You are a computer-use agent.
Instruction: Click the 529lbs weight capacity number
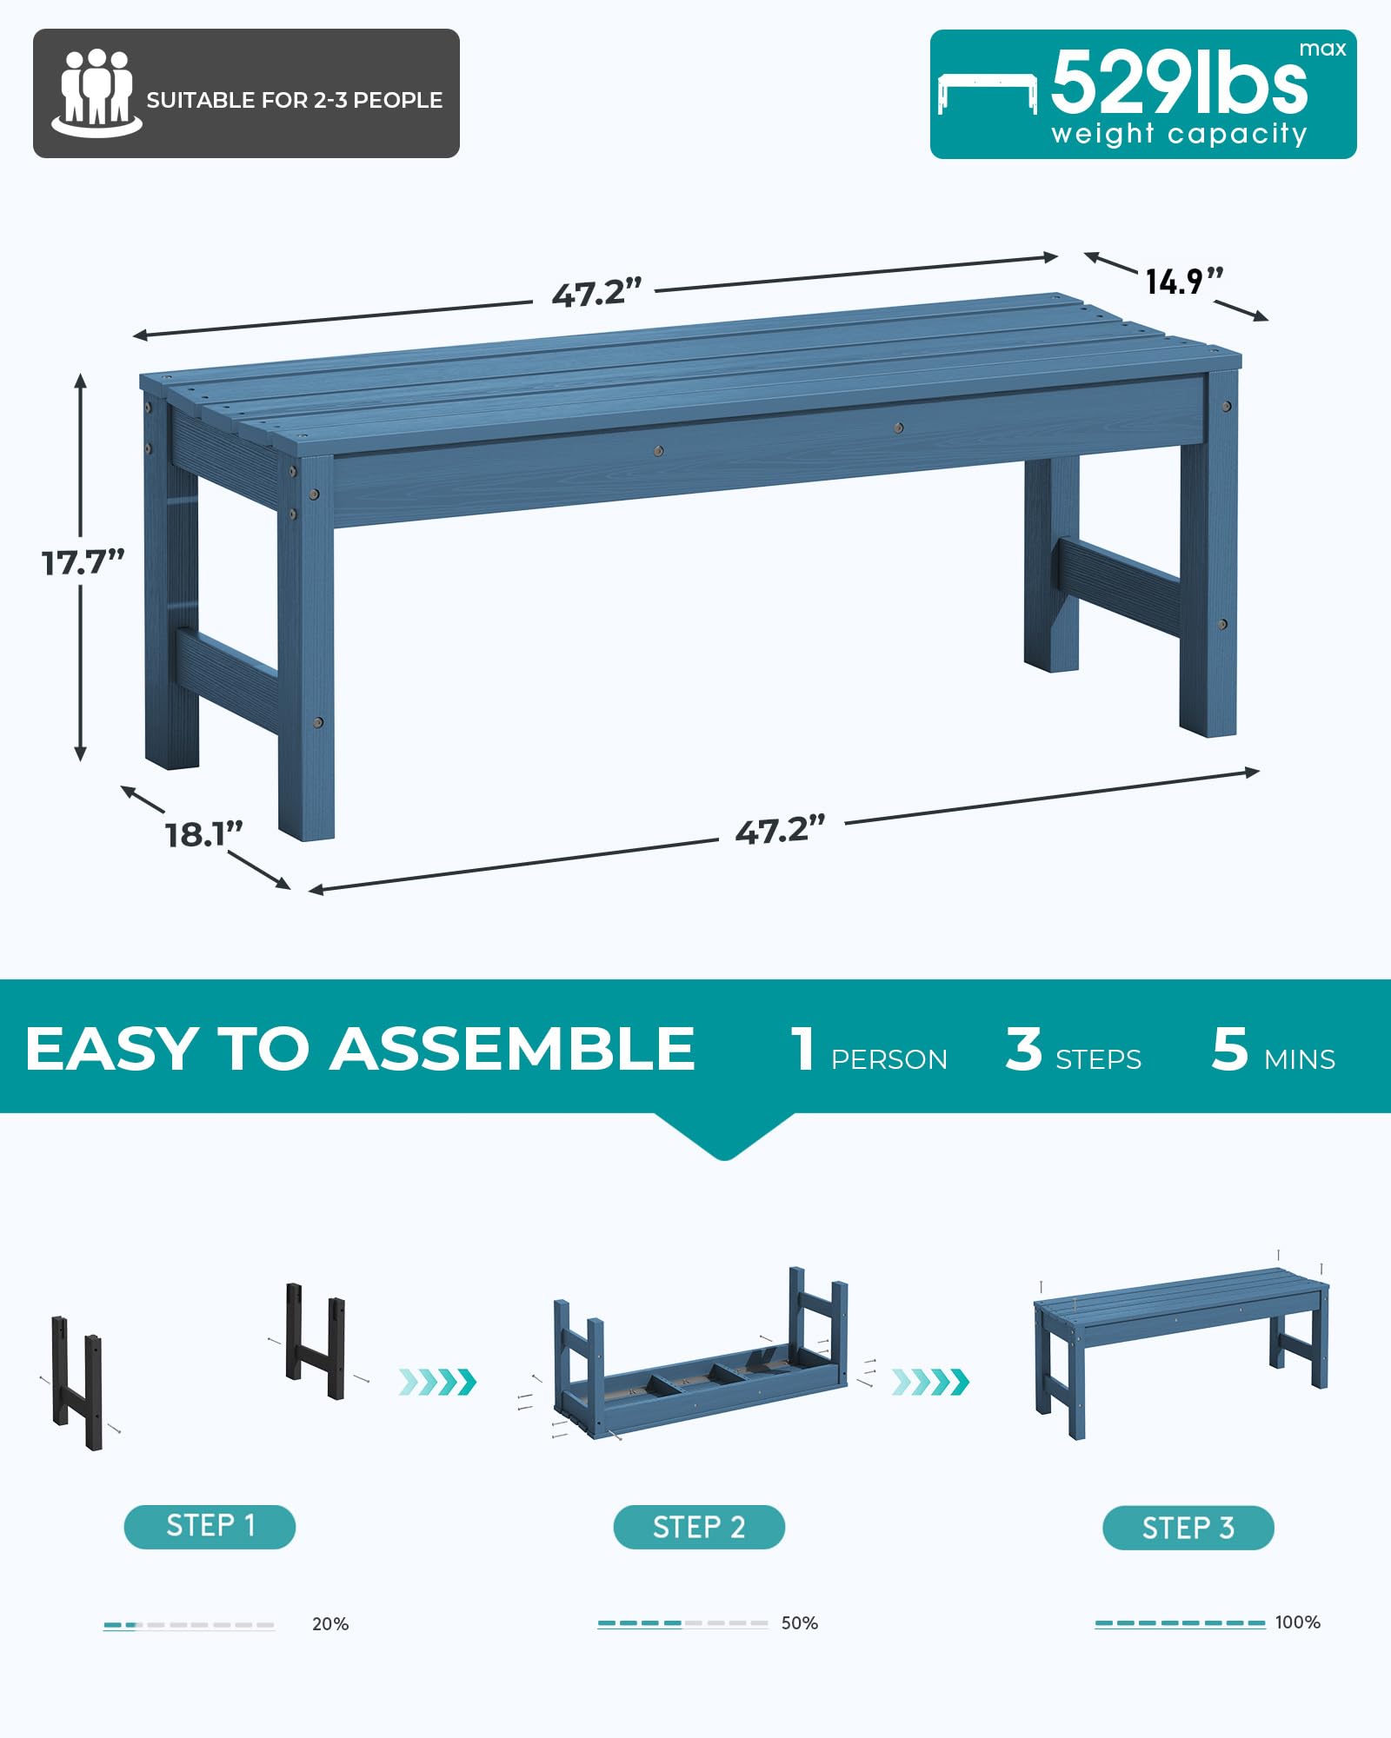pyautogui.click(x=1179, y=81)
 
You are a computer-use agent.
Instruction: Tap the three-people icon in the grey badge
pyautogui.click(x=97, y=93)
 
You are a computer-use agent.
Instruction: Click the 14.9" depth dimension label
pyautogui.click(x=1184, y=282)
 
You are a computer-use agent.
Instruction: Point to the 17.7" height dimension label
pyautogui.click(x=83, y=562)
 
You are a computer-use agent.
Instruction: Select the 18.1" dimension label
pyautogui.click(x=204, y=834)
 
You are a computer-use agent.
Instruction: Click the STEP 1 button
pyautogui.click(x=210, y=1527)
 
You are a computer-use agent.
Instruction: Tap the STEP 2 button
pyautogui.click(x=699, y=1527)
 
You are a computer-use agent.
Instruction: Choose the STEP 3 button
pyautogui.click(x=1188, y=1528)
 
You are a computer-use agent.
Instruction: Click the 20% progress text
pyautogui.click(x=330, y=1624)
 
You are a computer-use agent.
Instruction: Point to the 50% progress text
pyautogui.click(x=800, y=1623)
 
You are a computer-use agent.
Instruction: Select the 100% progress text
pyautogui.click(x=1298, y=1622)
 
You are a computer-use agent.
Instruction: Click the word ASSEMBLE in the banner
pyautogui.click(x=512, y=1048)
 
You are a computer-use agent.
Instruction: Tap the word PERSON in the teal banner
pyautogui.click(x=889, y=1059)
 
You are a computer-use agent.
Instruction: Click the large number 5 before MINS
pyautogui.click(x=1230, y=1049)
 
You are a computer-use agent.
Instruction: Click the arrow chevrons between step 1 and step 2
pyautogui.click(x=437, y=1382)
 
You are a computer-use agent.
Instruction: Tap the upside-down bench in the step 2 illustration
pyautogui.click(x=700, y=1355)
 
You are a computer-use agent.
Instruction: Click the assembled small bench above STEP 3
pyautogui.click(x=1181, y=1353)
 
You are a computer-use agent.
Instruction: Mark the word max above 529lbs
pyautogui.click(x=1322, y=50)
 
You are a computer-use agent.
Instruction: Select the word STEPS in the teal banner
pyautogui.click(x=1098, y=1059)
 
